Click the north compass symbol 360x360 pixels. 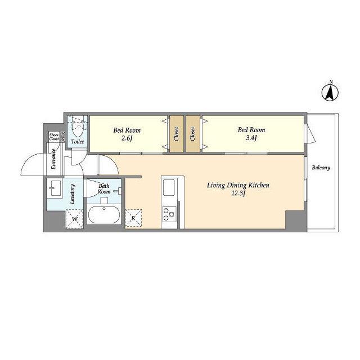(x=330, y=92)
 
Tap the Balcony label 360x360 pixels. (x=321, y=168)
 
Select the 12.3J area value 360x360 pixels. (x=238, y=193)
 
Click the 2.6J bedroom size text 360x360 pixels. (x=127, y=138)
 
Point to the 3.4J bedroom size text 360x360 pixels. (x=251, y=138)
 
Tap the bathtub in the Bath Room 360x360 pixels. (x=104, y=215)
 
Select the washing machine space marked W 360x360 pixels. (x=74, y=219)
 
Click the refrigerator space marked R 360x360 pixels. (x=133, y=218)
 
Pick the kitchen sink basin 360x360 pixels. (x=169, y=187)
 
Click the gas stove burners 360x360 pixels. (x=169, y=214)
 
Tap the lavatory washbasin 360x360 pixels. (x=55, y=188)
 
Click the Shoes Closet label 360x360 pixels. (x=54, y=137)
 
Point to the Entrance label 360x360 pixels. (x=53, y=159)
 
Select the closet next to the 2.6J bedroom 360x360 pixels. (x=177, y=134)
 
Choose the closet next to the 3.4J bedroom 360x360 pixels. (x=193, y=134)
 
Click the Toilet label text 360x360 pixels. (x=78, y=142)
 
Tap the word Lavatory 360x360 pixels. (x=73, y=194)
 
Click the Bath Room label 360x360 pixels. (x=104, y=189)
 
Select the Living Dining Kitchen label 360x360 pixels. (x=238, y=186)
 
